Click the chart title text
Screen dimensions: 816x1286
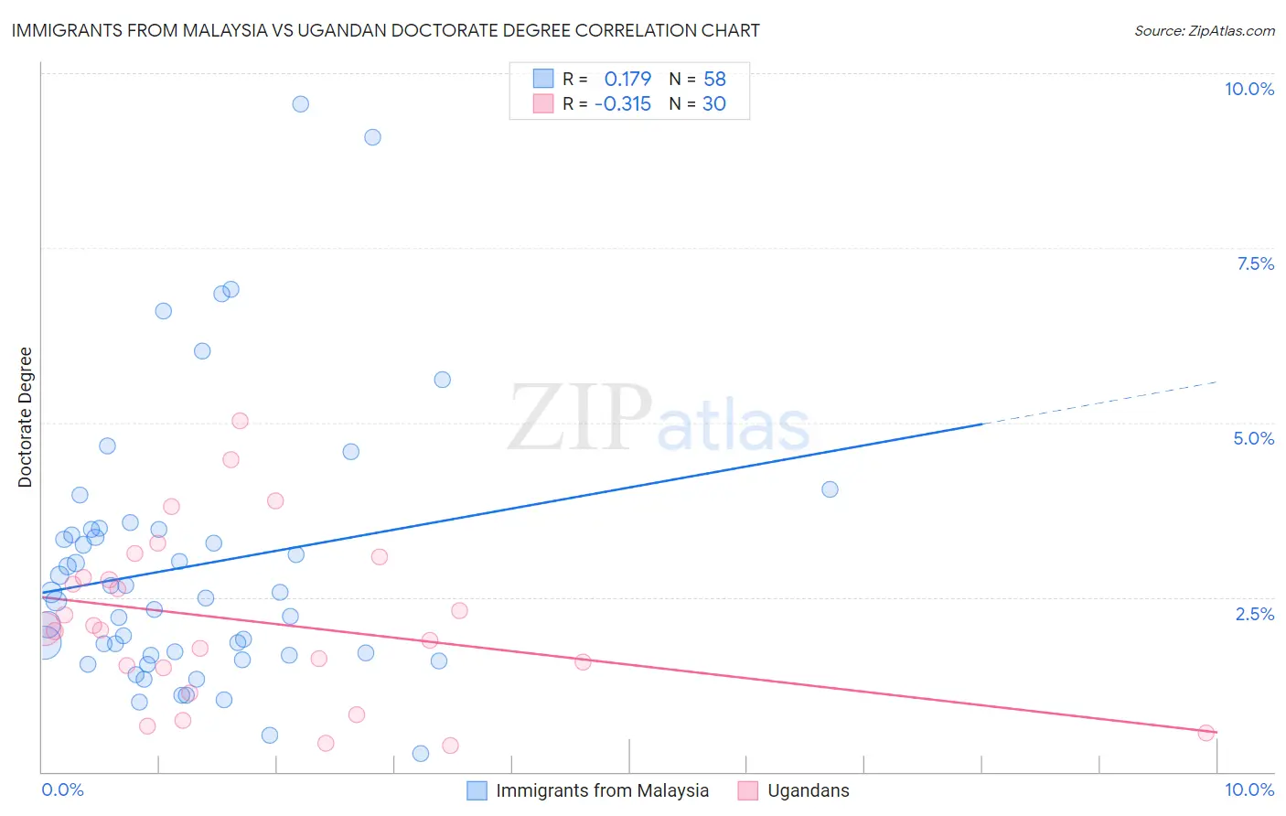point(384,30)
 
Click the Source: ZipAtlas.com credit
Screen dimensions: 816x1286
point(1204,30)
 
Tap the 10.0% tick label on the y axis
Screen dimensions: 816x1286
point(1248,89)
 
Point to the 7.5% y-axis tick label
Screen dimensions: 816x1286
point(1255,263)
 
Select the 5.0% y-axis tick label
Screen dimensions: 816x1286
point(1253,438)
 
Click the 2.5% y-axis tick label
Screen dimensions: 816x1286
point(1254,614)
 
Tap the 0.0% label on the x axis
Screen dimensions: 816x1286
point(62,789)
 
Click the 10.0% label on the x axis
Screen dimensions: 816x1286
point(1248,789)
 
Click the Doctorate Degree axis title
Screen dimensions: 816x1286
point(26,417)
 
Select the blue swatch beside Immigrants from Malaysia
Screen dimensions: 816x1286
point(477,790)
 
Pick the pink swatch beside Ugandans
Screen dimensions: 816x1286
point(748,790)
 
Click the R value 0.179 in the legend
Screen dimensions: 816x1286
point(627,79)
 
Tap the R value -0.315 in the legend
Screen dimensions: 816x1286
point(622,103)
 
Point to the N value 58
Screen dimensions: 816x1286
point(714,79)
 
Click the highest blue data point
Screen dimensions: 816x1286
point(300,104)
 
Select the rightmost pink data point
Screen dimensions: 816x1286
point(1206,733)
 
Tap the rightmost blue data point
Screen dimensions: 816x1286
point(830,489)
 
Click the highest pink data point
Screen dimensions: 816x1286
point(240,421)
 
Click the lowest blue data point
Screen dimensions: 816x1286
point(421,754)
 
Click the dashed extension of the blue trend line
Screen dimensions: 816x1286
point(1098,403)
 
